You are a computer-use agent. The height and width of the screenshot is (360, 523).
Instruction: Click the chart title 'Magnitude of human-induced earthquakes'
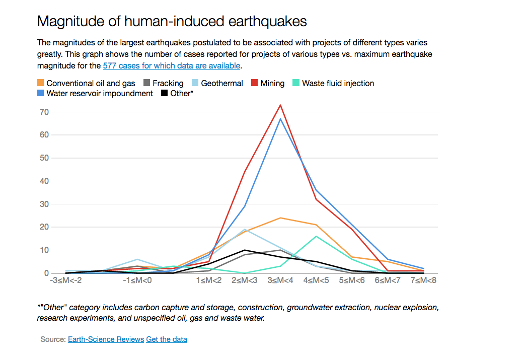[172, 22]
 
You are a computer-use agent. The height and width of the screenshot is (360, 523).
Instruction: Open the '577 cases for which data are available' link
[172, 66]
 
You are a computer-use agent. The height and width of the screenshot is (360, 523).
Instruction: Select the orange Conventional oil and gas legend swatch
[41, 83]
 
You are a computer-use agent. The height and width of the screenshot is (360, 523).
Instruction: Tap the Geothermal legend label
[222, 83]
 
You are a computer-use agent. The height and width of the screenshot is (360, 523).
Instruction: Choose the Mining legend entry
[272, 83]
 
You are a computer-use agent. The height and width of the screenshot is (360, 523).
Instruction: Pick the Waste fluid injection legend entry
[338, 83]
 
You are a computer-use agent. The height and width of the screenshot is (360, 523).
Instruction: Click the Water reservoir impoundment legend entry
[99, 93]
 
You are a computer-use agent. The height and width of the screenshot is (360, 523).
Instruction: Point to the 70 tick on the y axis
[44, 112]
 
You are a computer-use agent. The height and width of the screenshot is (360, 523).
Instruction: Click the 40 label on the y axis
[44, 181]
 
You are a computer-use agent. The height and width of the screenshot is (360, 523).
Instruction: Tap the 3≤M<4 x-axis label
[280, 280]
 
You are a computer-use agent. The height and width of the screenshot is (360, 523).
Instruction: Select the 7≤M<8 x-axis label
[423, 280]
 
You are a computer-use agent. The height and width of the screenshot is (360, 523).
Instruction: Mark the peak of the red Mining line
[280, 105]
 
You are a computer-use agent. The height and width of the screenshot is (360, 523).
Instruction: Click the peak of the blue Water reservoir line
[280, 119]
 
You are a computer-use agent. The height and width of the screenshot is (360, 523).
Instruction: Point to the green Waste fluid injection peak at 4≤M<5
[316, 236]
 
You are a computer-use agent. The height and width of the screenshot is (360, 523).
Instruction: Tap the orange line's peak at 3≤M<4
[280, 218]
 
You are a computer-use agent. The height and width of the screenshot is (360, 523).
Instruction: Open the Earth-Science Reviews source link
[106, 339]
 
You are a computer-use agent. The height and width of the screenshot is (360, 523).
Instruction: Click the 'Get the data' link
[167, 339]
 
